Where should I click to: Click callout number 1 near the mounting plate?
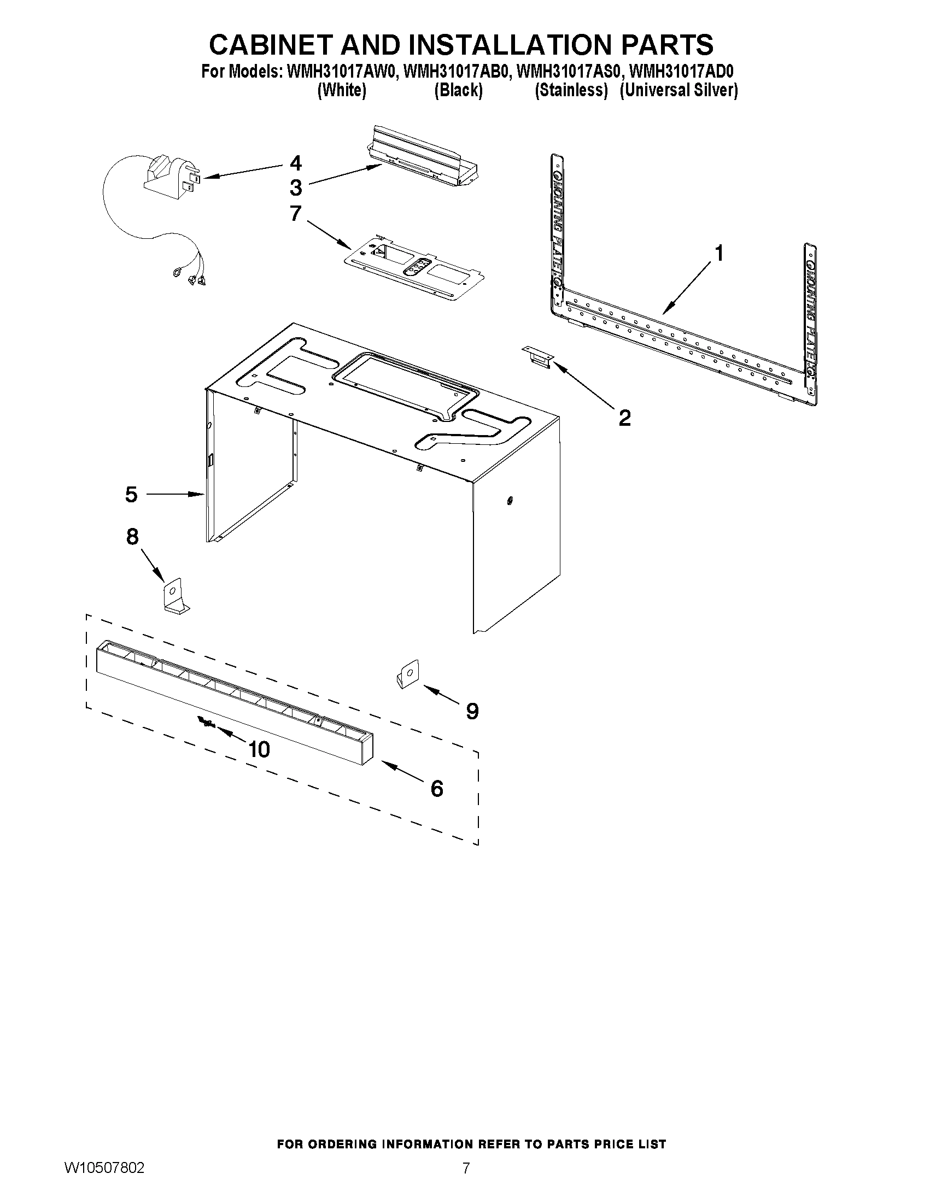pos(718,254)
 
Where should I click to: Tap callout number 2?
pos(624,418)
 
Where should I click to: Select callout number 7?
pos(296,213)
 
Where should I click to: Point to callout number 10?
pos(259,749)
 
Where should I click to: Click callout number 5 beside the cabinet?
pos(131,494)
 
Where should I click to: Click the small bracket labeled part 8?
pos(174,598)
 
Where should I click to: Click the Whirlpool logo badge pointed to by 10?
pos(207,722)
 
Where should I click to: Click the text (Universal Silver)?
pos(678,90)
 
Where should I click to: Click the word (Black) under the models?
pos(458,90)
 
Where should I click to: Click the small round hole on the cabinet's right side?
pos(510,500)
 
